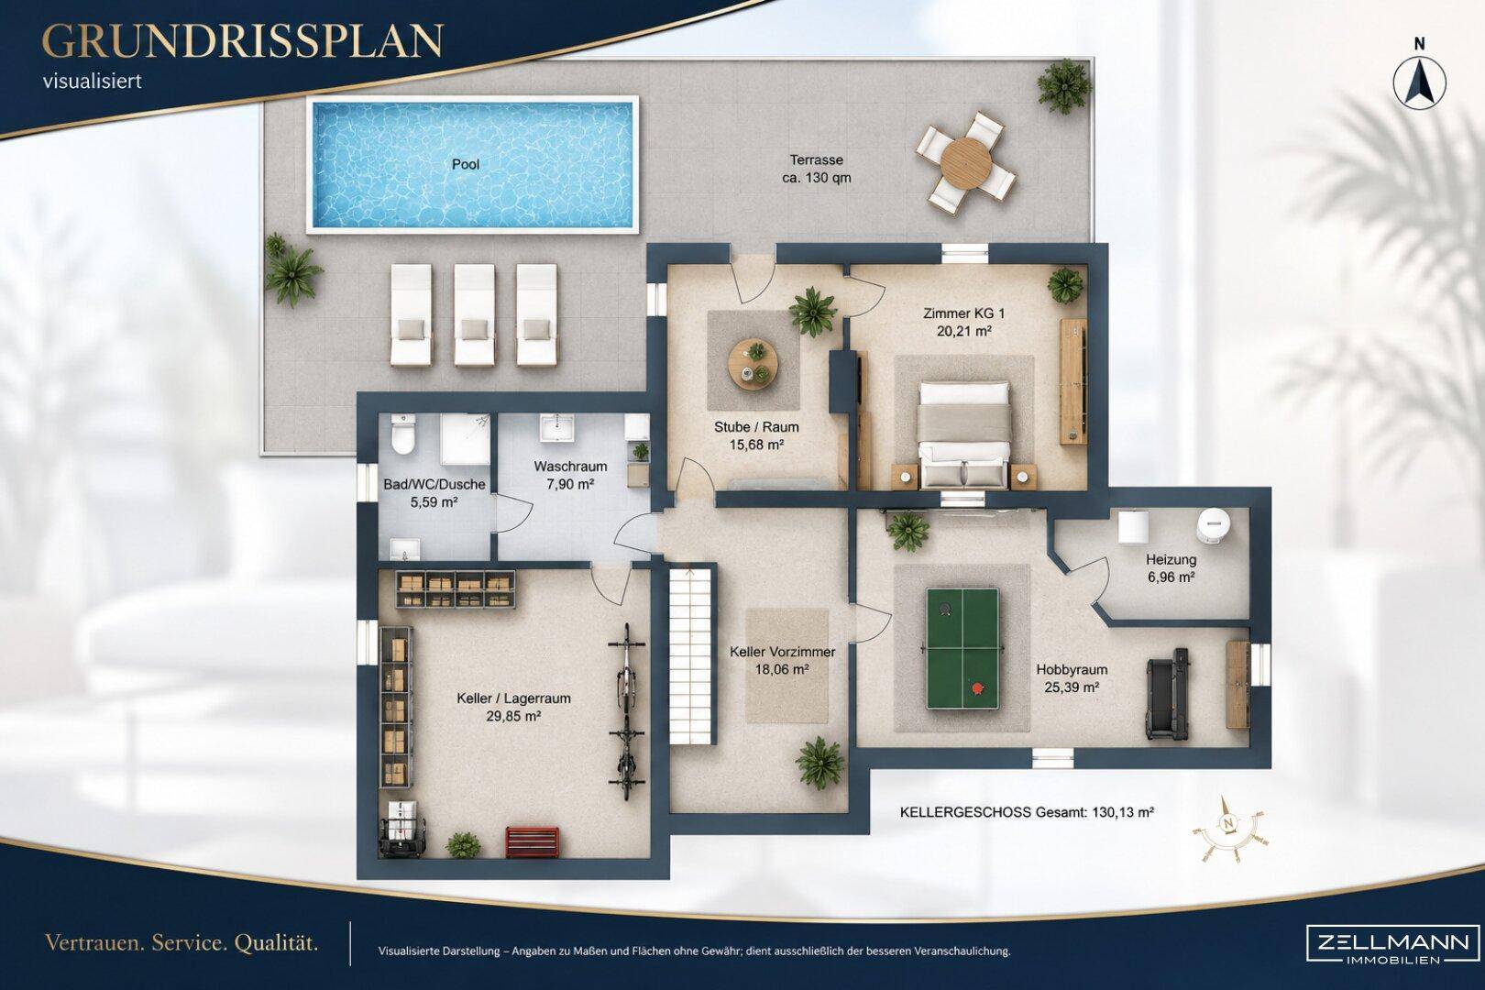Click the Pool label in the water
pos(466,164)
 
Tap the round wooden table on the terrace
pos(966,163)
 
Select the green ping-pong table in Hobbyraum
pos(962,648)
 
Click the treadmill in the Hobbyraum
pos(1167,694)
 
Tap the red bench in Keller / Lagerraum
pos(532,842)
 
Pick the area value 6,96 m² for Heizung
pos(1171,577)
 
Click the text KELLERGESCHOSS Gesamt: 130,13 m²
pos(1027,812)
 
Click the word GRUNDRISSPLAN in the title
pos(243,41)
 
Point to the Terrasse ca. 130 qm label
pos(816,169)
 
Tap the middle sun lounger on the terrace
pos(474,315)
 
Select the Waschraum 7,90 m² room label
pos(570,476)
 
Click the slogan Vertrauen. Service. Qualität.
pos(181,943)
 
